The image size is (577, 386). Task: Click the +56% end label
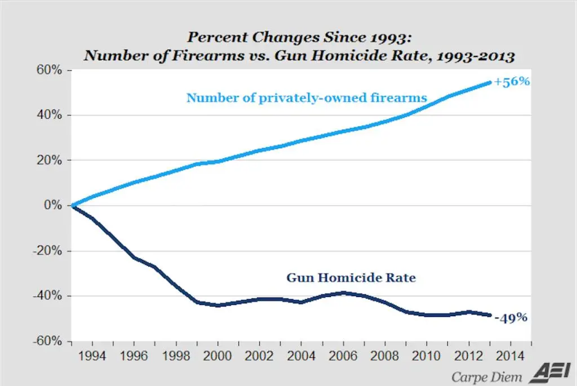coord(512,82)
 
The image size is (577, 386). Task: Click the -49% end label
coord(511,318)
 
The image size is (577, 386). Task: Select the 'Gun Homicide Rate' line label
coord(351,278)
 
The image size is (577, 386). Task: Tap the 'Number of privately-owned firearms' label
coord(307,97)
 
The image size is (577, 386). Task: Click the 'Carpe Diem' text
coord(486,376)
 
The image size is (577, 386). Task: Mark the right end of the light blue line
coord(491,82)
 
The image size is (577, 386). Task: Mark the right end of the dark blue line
coord(491,316)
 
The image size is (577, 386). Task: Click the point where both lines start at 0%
coord(72,206)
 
